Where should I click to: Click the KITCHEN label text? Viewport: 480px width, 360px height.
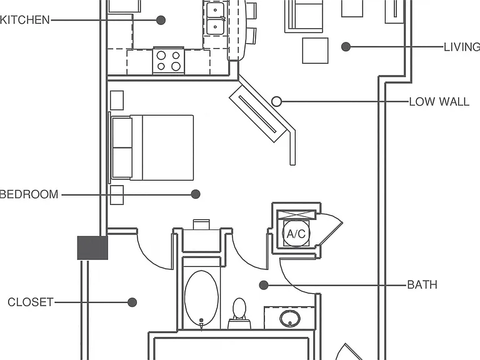[25, 20]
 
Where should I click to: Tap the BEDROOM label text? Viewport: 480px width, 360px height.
[29, 194]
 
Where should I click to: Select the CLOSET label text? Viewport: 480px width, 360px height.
[31, 302]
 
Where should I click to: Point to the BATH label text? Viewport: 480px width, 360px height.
[422, 285]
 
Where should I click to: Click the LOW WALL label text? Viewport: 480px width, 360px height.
[439, 102]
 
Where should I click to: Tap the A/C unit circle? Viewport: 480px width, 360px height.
[296, 234]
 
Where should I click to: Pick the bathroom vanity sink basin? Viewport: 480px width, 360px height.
[289, 318]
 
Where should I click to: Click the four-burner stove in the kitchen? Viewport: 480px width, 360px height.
[169, 61]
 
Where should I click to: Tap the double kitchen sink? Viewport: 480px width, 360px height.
[216, 18]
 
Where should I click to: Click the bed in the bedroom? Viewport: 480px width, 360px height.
[152, 147]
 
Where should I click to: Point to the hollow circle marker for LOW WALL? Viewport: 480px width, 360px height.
[276, 101]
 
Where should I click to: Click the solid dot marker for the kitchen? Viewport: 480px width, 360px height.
[161, 20]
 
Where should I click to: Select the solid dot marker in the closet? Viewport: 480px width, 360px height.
[132, 302]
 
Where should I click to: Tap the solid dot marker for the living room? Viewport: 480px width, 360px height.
[346, 46]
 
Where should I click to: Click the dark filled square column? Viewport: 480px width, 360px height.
[92, 248]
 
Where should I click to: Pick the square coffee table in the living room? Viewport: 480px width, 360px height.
[315, 51]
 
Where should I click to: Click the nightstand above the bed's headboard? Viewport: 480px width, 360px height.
[117, 100]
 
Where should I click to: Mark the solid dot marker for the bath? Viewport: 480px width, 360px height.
[264, 285]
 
